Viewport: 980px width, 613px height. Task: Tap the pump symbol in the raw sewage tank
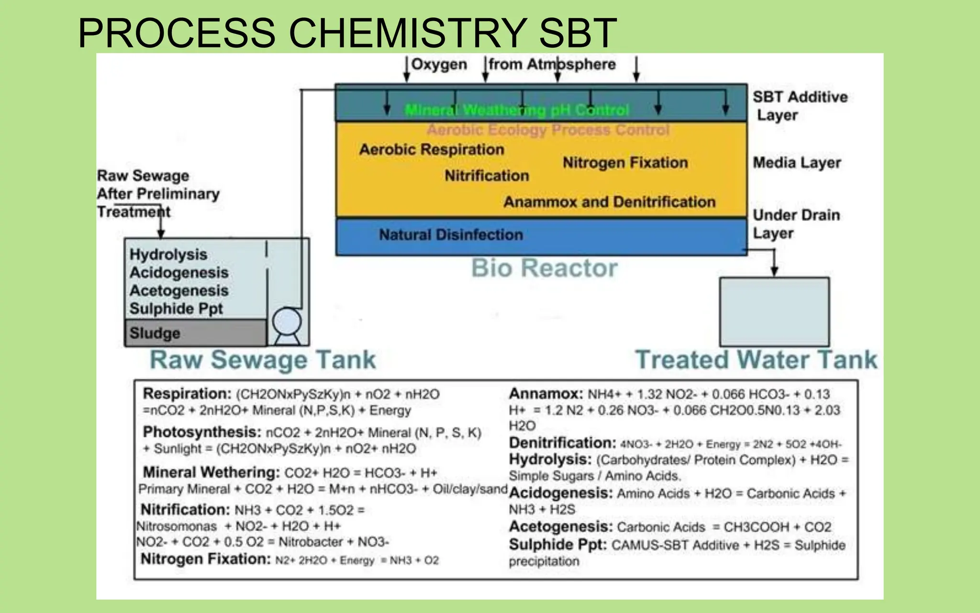click(287, 322)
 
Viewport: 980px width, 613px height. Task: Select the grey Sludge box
click(195, 333)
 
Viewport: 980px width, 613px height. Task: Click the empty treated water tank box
click(774, 312)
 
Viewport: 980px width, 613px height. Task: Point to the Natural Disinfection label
click(451, 235)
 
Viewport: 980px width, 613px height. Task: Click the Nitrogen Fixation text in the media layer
click(625, 163)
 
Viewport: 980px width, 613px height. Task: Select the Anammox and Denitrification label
click(609, 202)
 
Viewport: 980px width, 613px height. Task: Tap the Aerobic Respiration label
click(432, 149)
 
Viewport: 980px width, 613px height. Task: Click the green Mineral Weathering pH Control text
click(517, 110)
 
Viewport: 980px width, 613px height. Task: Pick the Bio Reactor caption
click(545, 268)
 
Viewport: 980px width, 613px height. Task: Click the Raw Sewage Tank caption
click(263, 360)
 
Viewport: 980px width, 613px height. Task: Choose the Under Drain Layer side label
click(796, 224)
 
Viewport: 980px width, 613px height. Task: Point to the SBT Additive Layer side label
click(800, 106)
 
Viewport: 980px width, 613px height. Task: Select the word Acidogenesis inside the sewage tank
click(179, 272)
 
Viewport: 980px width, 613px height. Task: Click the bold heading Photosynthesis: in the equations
click(202, 432)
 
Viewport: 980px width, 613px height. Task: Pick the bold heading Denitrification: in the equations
click(562, 443)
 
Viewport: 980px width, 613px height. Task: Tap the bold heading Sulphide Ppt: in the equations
click(557, 545)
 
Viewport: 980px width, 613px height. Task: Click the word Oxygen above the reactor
click(439, 64)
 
